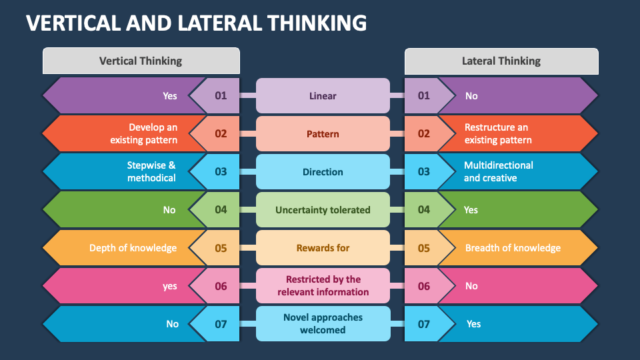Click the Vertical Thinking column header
(x=141, y=61)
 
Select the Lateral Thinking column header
(x=501, y=61)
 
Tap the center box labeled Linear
(x=323, y=96)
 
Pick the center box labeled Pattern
(x=323, y=134)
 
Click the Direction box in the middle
(x=323, y=172)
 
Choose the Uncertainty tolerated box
(x=323, y=210)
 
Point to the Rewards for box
(x=323, y=248)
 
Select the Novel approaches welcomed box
(x=323, y=324)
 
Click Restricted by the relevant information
(x=323, y=286)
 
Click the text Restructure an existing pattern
(x=498, y=134)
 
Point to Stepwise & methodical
(x=152, y=172)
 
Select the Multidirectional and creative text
(x=499, y=172)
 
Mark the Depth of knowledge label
(x=133, y=248)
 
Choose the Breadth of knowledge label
(x=513, y=248)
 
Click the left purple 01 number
(x=221, y=96)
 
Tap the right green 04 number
(x=424, y=210)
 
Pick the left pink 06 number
(x=221, y=286)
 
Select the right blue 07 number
(x=424, y=324)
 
